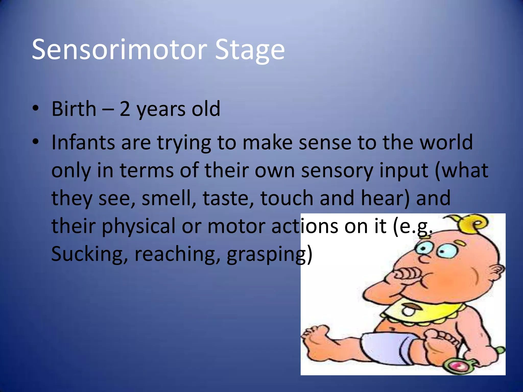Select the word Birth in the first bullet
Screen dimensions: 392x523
(74, 109)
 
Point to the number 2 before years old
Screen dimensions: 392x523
(125, 109)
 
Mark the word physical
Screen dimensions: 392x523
(139, 226)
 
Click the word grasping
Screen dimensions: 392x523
(269, 254)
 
